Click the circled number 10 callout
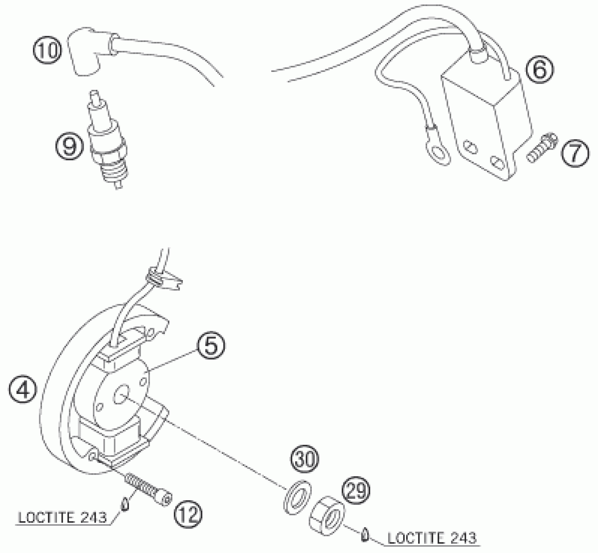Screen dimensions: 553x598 (x=47, y=51)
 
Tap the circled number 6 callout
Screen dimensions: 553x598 (x=540, y=70)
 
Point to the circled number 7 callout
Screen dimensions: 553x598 (x=575, y=153)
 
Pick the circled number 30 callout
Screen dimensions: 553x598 (x=305, y=459)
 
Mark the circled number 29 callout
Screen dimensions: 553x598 (x=356, y=491)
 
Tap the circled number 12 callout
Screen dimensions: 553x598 (x=188, y=515)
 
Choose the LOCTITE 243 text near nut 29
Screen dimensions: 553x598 (x=432, y=538)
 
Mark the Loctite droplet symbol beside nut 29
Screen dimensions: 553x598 (x=365, y=534)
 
